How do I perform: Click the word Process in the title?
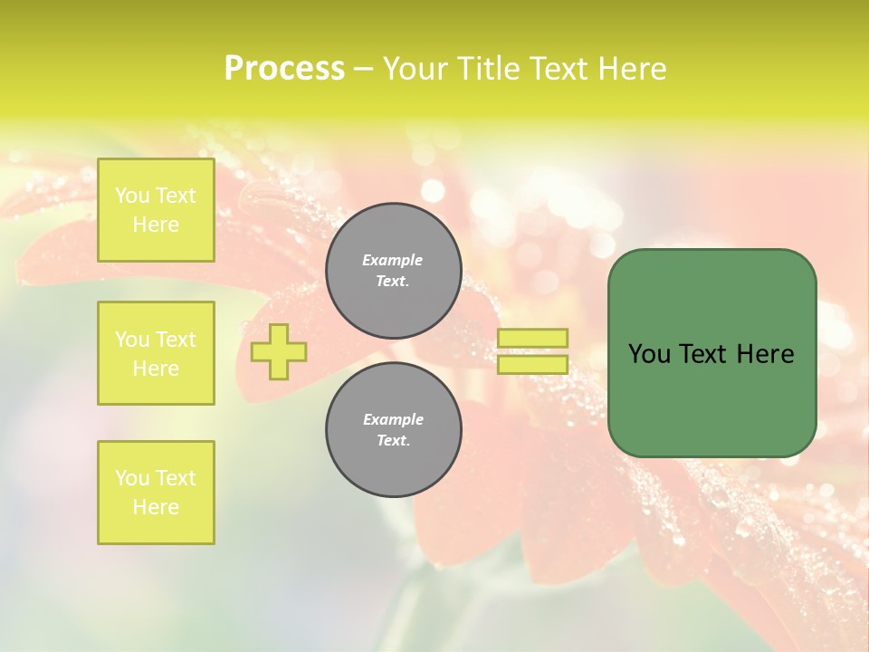pos(284,69)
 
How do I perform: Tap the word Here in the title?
pos(631,69)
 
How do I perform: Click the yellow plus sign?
pos(279,351)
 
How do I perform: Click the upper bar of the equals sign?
pos(532,338)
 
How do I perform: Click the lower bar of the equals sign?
pos(532,365)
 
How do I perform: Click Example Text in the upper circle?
pos(393,270)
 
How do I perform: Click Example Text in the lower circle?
pos(393,429)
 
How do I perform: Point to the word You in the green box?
pos(648,354)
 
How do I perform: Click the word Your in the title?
pos(416,69)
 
